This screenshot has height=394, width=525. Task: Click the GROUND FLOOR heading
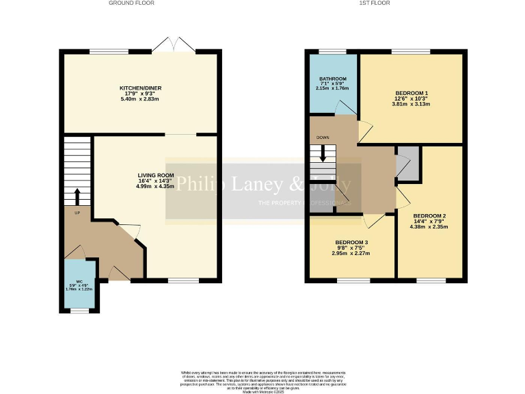click(131, 3)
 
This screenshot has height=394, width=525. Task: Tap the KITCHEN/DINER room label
click(141, 88)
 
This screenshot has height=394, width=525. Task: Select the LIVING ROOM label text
click(157, 176)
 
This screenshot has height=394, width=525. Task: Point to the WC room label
click(79, 282)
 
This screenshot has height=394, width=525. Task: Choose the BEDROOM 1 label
click(412, 93)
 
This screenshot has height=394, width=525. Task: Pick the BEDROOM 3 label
click(351, 243)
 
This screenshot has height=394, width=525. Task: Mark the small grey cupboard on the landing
click(409, 164)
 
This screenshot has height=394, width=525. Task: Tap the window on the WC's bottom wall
click(80, 311)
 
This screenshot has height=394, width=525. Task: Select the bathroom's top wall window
click(333, 52)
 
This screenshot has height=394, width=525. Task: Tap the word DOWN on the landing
click(323, 137)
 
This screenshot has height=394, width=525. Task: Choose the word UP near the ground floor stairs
click(68, 211)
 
